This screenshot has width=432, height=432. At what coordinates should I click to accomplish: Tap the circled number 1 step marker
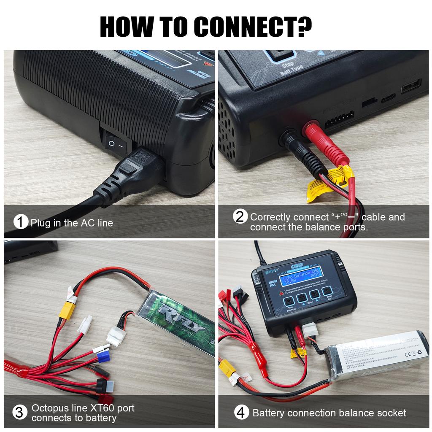(20, 222)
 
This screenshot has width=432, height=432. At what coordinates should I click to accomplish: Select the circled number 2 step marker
(240, 217)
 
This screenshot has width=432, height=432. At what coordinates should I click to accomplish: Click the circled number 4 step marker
(240, 413)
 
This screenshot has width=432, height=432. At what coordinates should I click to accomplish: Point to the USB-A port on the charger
(410, 87)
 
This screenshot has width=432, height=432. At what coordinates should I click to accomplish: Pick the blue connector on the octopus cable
(103, 357)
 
